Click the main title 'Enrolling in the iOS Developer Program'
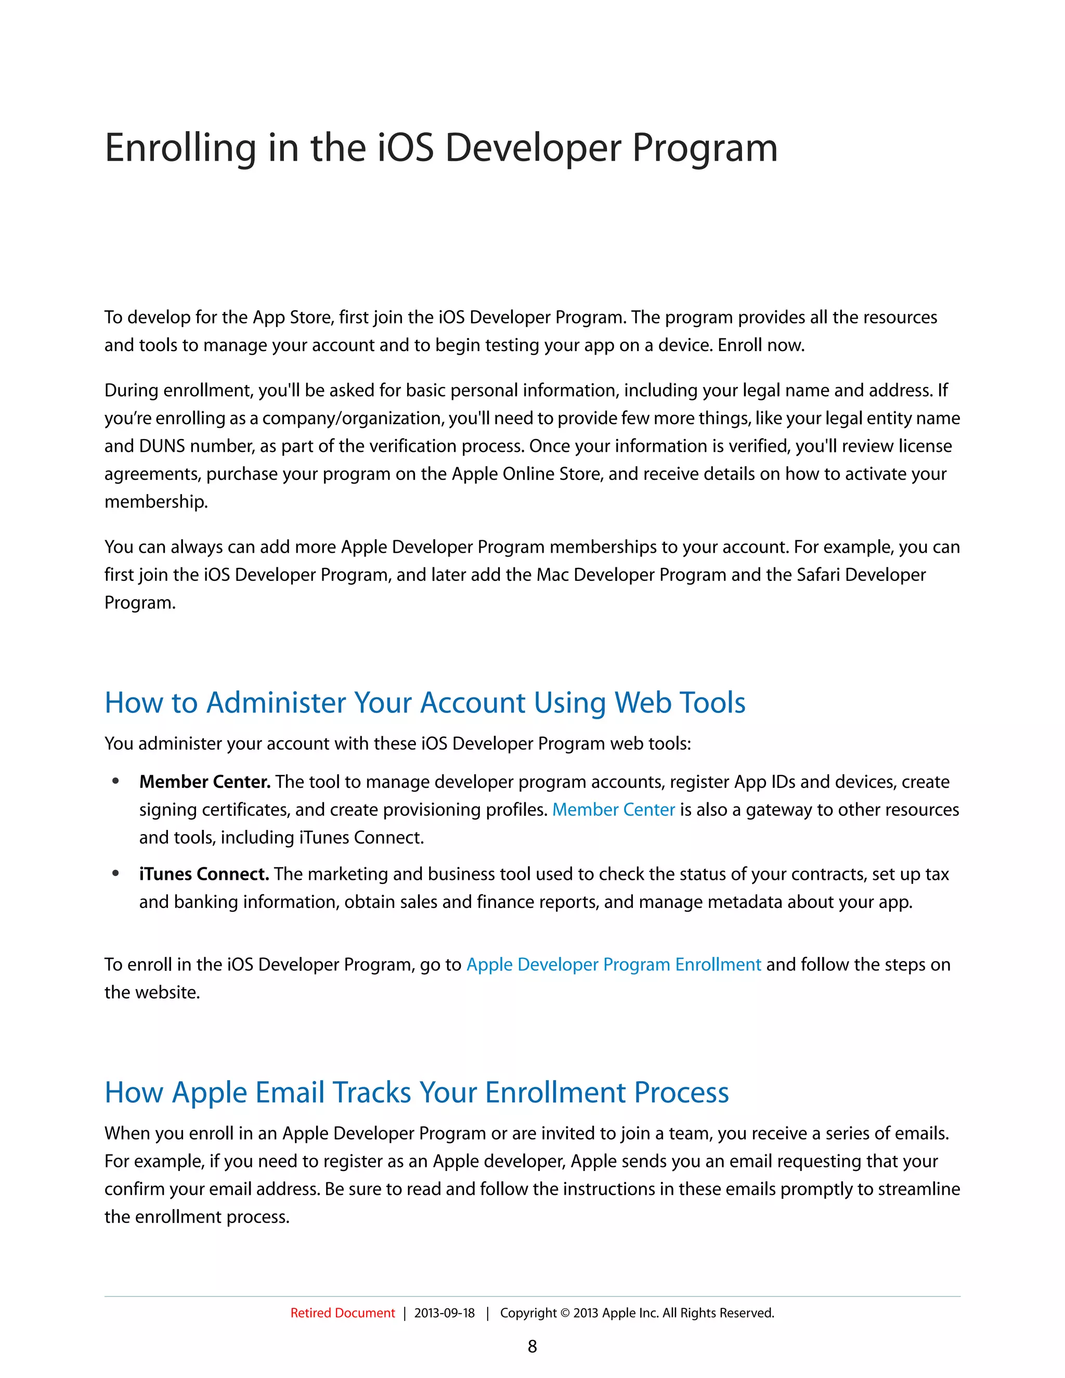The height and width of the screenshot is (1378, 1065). click(440, 148)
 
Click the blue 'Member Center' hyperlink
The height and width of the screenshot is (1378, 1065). click(613, 810)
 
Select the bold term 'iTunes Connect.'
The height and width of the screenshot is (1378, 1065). click(204, 874)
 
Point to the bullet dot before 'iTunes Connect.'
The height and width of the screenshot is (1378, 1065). click(115, 873)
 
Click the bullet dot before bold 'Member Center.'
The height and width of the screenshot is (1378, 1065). click(115, 781)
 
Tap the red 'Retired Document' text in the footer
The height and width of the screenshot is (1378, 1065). click(342, 1313)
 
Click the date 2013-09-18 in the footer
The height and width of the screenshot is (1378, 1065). click(444, 1313)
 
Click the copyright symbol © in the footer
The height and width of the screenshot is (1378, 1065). click(565, 1313)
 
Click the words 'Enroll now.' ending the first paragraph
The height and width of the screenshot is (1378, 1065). click(761, 345)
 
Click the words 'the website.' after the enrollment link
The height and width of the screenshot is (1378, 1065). click(152, 993)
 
